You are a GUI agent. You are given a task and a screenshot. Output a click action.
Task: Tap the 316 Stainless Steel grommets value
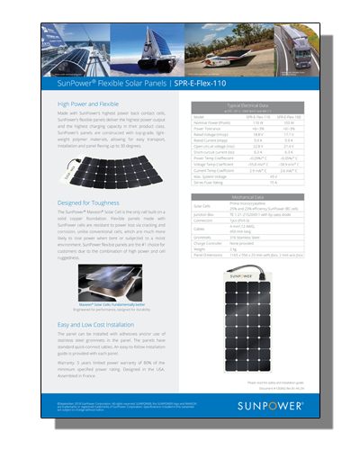click(244, 237)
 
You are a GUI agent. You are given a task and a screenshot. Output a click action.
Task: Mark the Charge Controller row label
click(208, 243)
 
